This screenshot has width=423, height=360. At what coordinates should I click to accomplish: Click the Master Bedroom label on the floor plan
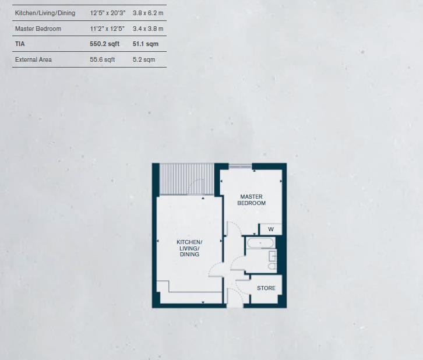252,200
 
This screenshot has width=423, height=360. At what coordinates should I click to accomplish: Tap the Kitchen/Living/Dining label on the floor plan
189,248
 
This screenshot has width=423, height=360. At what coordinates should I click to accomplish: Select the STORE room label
266,288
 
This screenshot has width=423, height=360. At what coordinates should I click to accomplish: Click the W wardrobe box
271,230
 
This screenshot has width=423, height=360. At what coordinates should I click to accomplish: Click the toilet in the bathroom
272,267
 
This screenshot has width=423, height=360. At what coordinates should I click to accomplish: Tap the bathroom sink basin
272,256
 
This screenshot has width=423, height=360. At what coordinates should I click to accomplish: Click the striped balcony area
186,178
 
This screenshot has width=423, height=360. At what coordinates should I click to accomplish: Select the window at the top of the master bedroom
240,167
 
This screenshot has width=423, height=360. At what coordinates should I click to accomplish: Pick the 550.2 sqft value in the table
105,44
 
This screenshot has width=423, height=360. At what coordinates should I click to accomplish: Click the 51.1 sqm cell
146,44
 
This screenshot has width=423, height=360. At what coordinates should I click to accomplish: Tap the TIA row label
20,44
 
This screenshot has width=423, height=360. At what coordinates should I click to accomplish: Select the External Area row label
33,59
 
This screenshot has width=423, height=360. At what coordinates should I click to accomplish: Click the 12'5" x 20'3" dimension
107,13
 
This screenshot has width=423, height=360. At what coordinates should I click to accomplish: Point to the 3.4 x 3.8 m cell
148,29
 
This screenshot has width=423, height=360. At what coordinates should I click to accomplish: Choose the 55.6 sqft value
103,59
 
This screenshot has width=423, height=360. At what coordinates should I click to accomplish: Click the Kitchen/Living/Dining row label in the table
45,13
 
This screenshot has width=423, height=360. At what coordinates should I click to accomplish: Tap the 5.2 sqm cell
144,59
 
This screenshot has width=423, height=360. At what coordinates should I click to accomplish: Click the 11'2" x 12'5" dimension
107,29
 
